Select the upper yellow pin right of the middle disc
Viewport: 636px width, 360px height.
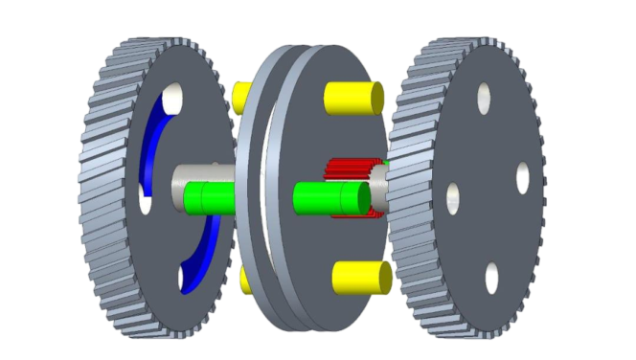(x=354, y=98)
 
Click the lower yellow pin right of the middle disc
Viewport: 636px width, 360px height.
(x=362, y=277)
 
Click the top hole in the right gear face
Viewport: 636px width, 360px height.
(x=484, y=95)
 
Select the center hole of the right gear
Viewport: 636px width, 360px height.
(x=452, y=198)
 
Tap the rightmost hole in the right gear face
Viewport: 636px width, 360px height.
(x=523, y=175)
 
